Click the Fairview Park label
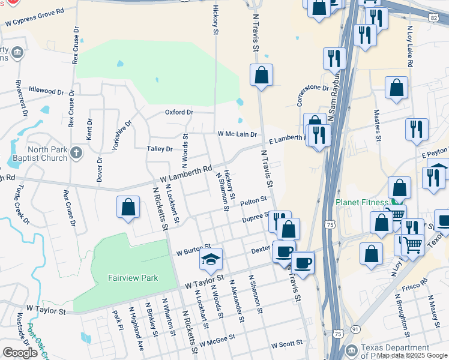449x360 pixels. click(133, 278)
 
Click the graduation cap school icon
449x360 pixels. click(211, 259)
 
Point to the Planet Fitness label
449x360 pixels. click(363, 202)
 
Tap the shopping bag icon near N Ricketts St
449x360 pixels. click(128, 208)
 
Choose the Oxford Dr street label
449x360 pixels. click(179, 112)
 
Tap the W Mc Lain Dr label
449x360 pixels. click(237, 134)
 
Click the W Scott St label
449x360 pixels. click(287, 345)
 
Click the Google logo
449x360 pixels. click(20, 353)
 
